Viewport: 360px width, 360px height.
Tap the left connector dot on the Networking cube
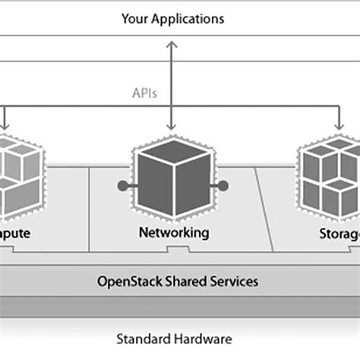119,185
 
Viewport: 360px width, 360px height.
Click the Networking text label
173,232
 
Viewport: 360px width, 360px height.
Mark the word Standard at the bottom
141,339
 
